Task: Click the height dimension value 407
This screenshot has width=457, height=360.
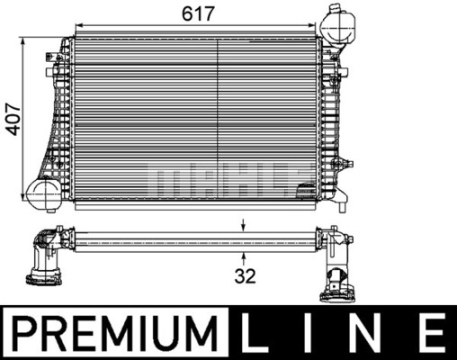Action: pos(13,116)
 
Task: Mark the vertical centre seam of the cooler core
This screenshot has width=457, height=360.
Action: pos(219,117)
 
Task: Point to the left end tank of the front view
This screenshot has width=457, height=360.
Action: pos(61,117)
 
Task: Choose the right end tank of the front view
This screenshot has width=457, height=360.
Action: pos(327,117)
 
